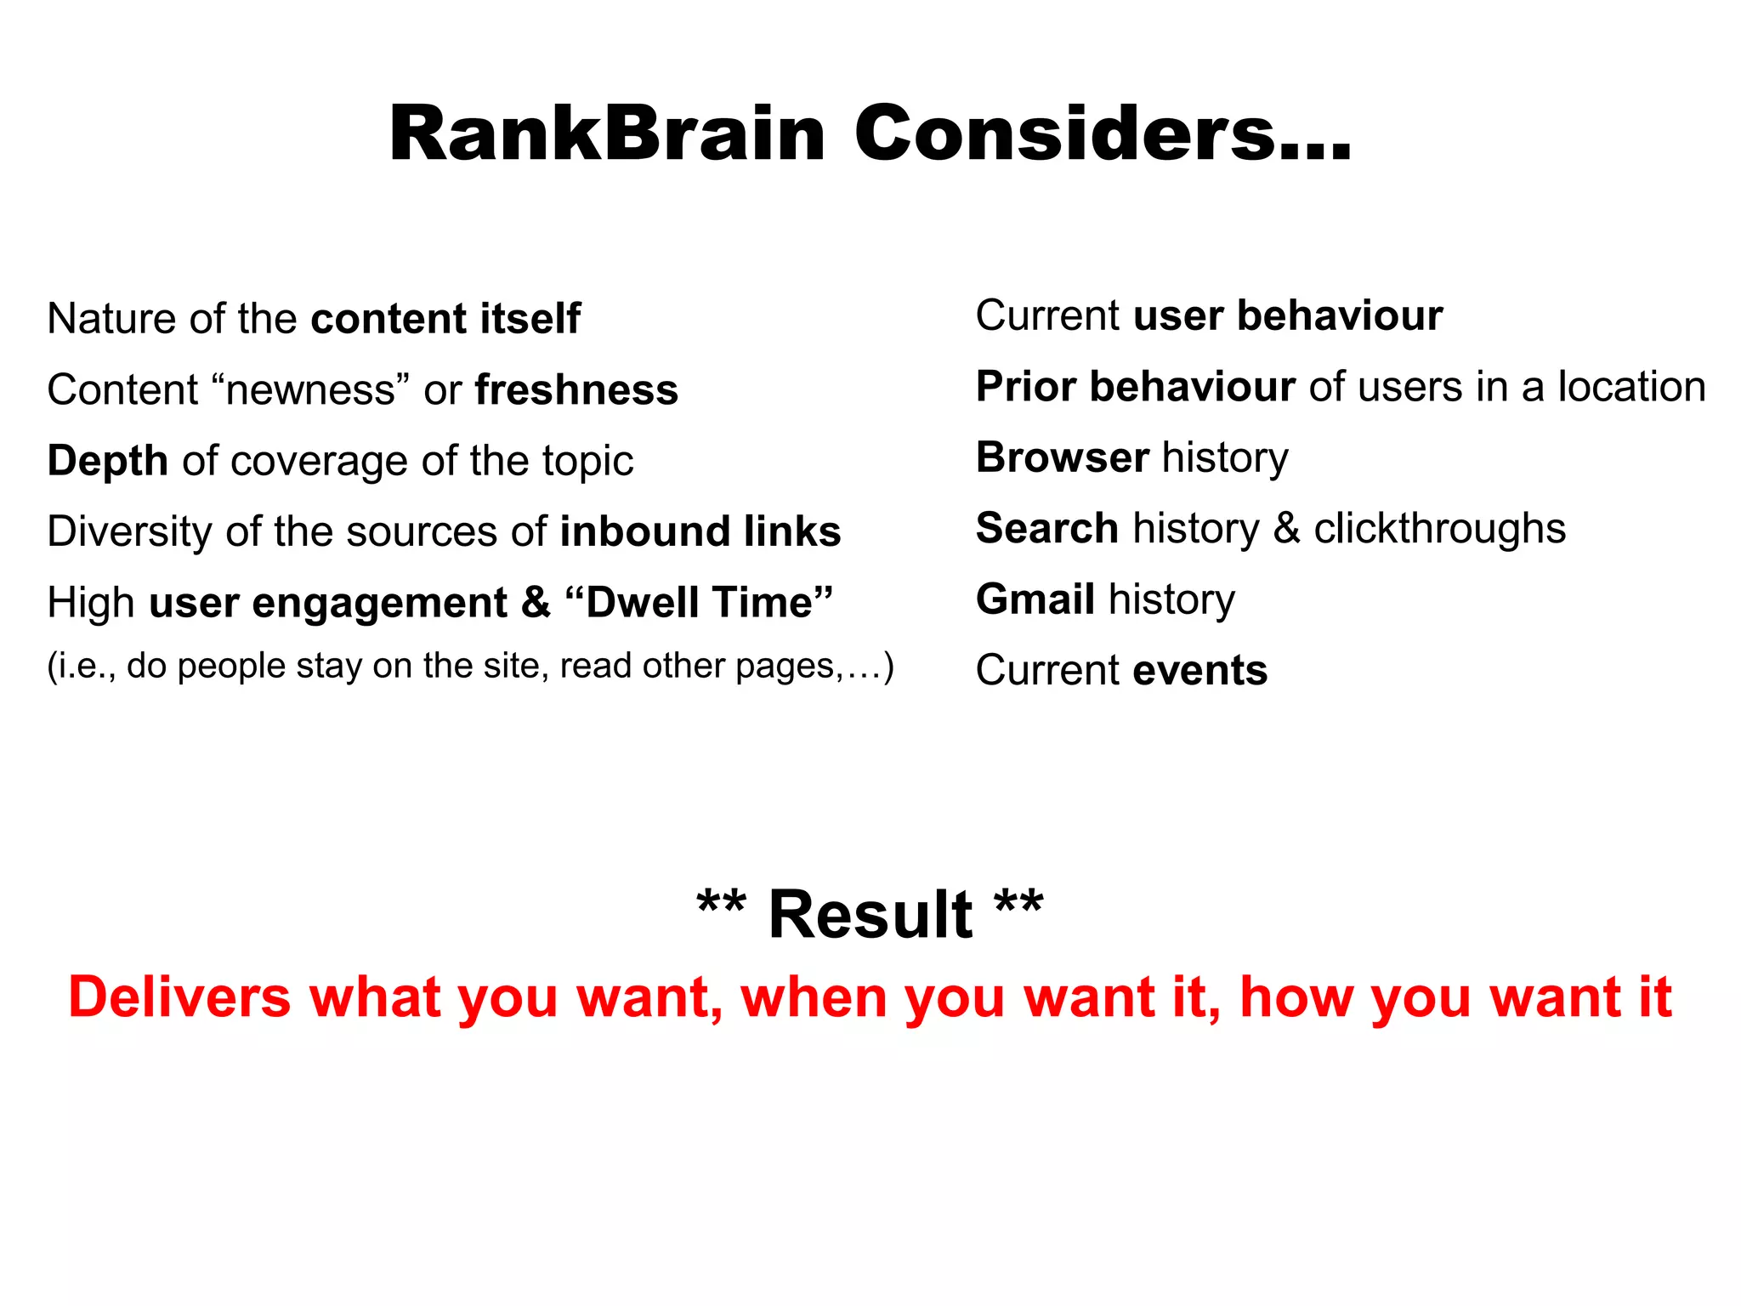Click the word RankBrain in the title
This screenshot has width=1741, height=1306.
[607, 133]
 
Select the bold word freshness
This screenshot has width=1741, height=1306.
[576, 390]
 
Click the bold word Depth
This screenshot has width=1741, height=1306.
[108, 461]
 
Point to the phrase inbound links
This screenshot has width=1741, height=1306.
[700, 531]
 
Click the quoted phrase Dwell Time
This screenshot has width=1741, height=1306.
[700, 603]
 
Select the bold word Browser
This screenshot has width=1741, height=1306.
[1063, 457]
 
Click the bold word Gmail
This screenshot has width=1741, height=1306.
[1035, 599]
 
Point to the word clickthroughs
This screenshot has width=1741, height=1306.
[1439, 529]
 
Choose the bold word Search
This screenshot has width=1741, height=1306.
[1047, 529]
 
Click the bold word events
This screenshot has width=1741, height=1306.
[1200, 671]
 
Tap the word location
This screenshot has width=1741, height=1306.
[1631, 387]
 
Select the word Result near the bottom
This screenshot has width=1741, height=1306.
[870, 915]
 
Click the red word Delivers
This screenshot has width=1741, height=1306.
[179, 997]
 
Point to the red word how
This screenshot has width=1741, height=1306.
[1295, 997]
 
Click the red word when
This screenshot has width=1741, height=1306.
[814, 997]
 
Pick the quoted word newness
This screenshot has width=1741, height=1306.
[311, 390]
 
